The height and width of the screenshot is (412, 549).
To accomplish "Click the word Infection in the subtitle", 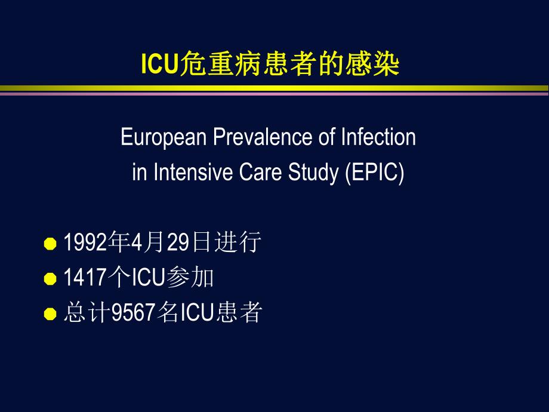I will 378,137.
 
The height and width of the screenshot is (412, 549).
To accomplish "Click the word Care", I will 251,173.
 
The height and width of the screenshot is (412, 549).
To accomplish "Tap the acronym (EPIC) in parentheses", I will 374,173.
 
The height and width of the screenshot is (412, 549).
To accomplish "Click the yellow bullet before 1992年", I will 51,244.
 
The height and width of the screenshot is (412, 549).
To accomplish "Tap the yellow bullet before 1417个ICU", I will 51,279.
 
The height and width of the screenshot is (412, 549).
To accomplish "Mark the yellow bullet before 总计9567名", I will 51,313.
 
